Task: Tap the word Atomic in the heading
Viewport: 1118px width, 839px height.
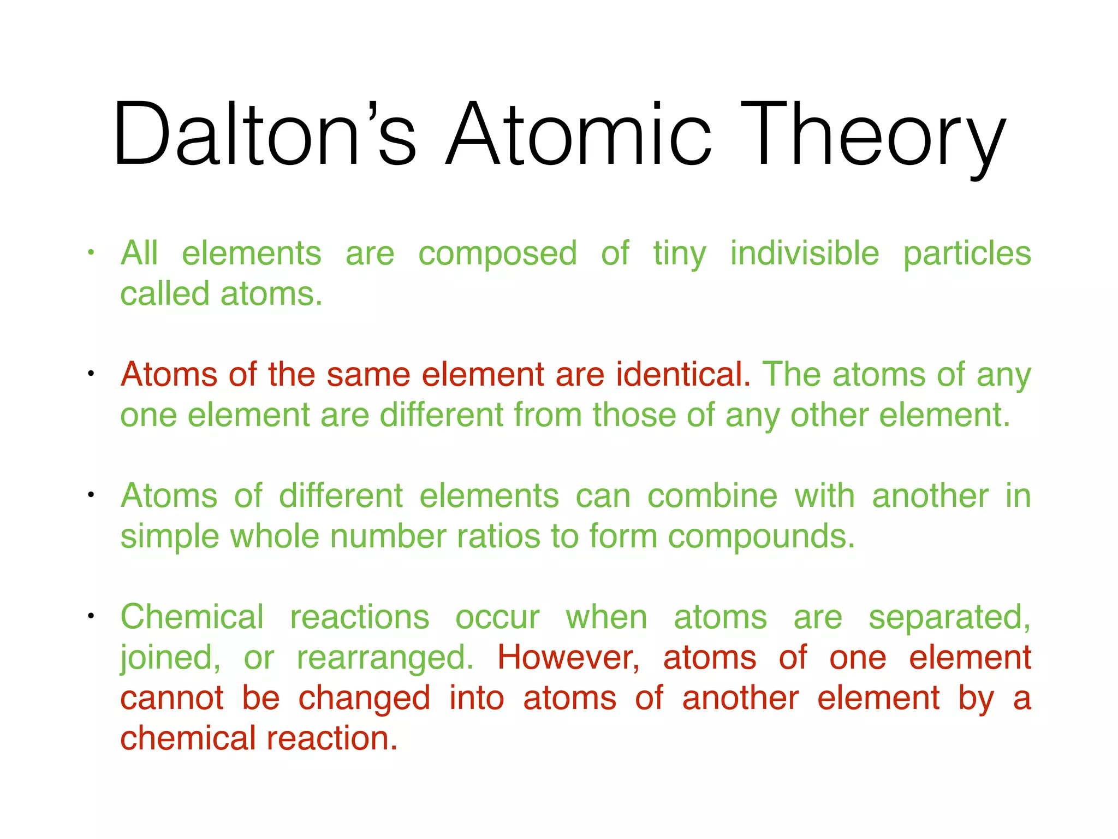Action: click(x=579, y=134)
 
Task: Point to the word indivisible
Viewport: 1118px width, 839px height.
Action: click(x=805, y=253)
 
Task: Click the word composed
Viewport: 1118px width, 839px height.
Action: click(x=497, y=255)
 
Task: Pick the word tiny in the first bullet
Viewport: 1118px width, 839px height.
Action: click(x=680, y=255)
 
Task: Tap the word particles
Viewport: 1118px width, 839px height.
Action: click(x=967, y=255)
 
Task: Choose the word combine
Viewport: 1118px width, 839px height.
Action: click(x=712, y=496)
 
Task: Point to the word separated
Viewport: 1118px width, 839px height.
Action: click(x=949, y=618)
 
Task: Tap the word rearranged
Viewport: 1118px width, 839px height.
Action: click(x=385, y=658)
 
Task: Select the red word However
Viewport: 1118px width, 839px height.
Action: click(x=568, y=658)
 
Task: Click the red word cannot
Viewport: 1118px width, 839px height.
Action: click(x=172, y=699)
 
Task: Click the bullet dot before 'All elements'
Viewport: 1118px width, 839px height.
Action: click(x=91, y=253)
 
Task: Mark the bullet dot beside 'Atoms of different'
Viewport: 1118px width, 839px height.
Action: click(x=91, y=495)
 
